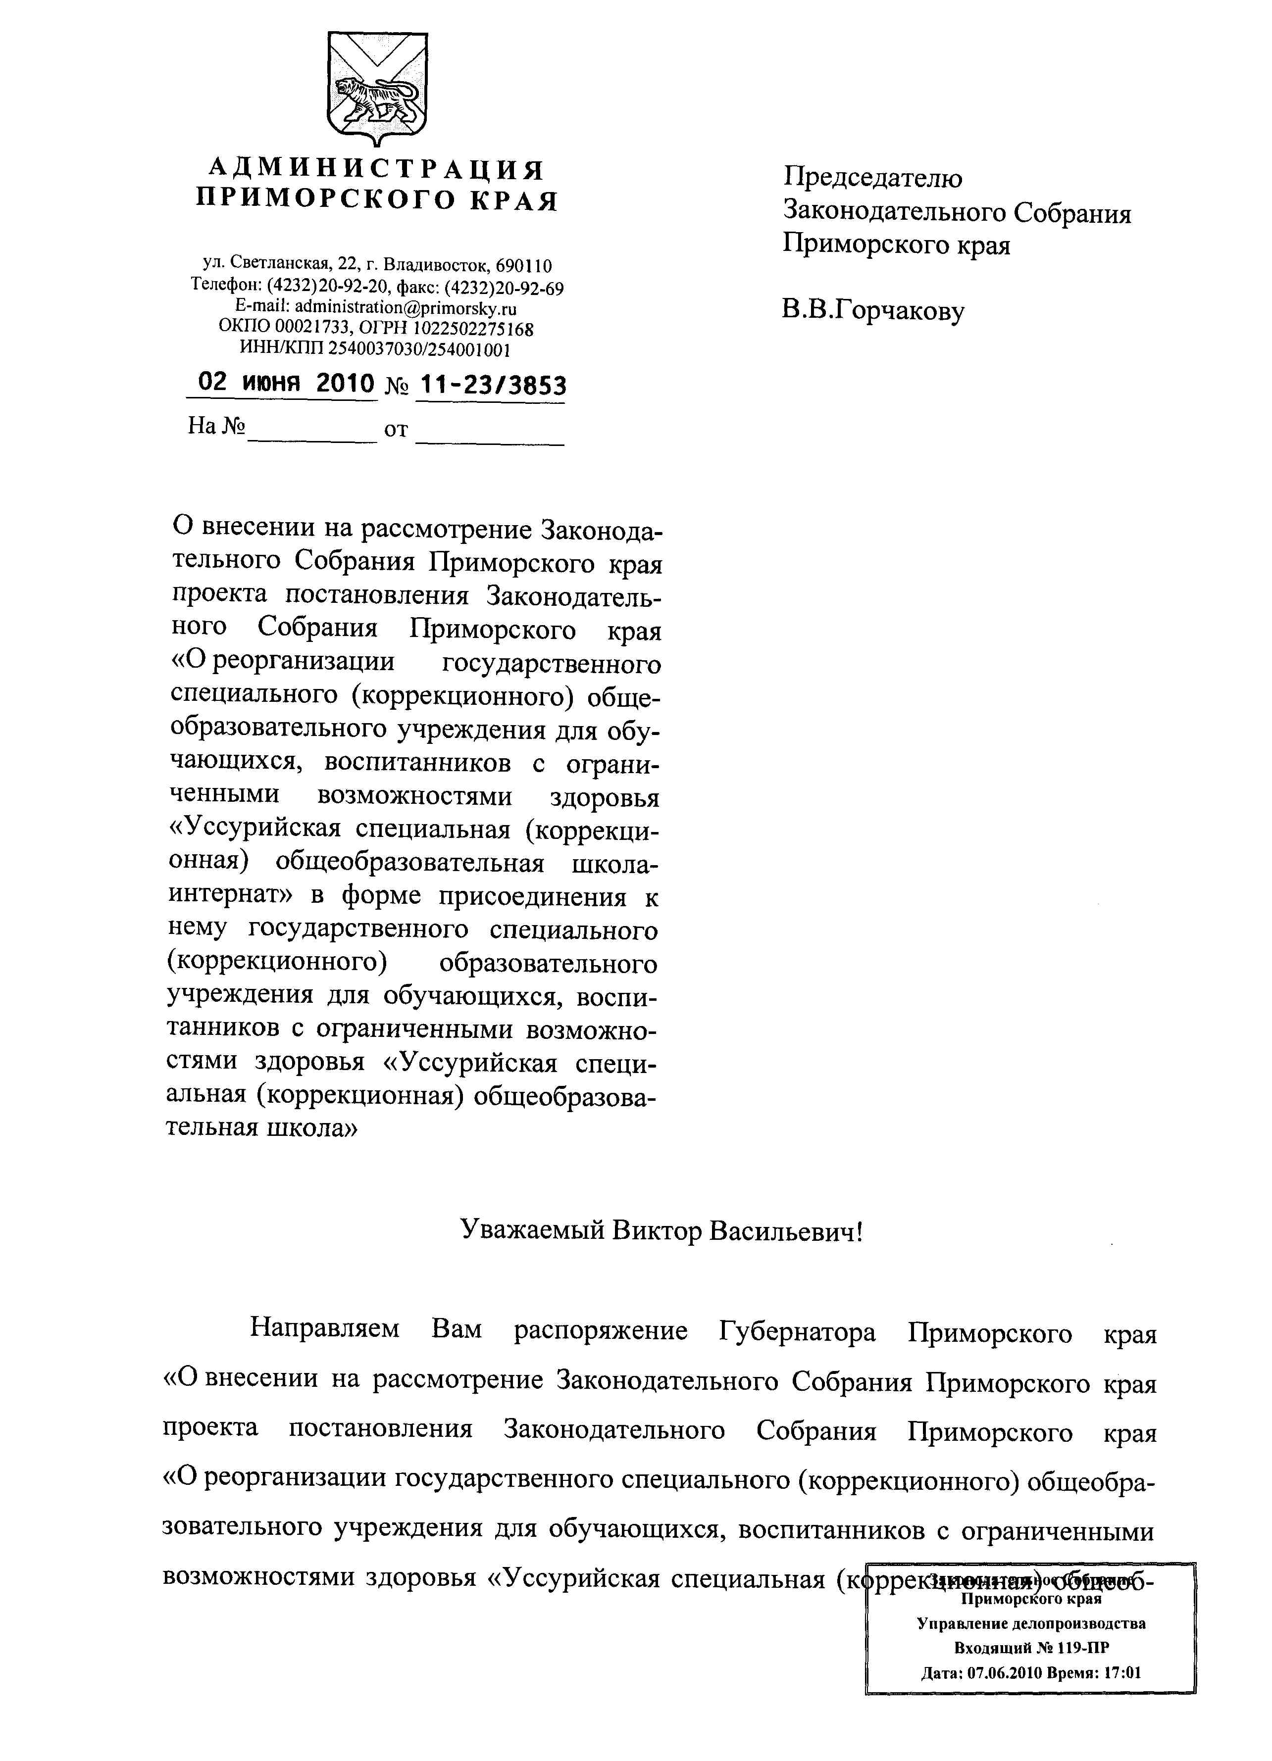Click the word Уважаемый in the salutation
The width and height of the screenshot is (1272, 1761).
(532, 1231)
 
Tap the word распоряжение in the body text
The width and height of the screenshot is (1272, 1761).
(600, 1331)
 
